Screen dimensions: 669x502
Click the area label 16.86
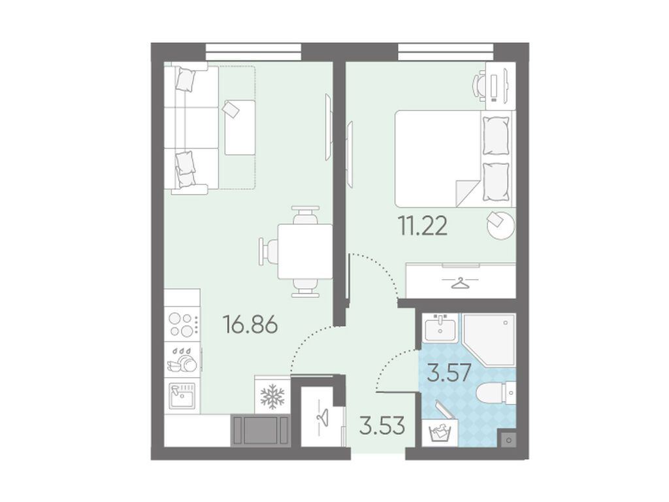click(250, 324)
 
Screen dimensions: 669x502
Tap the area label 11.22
click(423, 226)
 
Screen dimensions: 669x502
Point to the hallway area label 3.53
click(382, 425)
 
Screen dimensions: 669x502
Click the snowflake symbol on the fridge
click(272, 396)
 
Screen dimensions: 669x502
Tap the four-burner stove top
click(183, 324)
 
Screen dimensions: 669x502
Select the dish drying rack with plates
click(182, 360)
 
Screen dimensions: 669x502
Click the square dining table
click(304, 250)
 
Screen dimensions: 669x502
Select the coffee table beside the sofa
click(240, 127)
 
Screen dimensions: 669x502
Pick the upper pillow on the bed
click(496, 136)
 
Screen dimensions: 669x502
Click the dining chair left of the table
click(268, 250)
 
